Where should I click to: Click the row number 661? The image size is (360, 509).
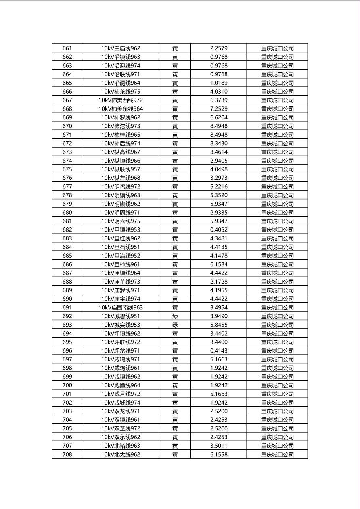click(67, 48)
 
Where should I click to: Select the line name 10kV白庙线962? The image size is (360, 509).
click(121, 48)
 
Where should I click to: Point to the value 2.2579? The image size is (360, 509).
click(219, 48)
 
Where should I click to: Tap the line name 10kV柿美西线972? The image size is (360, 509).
click(121, 100)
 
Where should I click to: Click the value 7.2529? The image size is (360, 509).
click(219, 109)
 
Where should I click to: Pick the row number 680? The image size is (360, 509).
click(67, 213)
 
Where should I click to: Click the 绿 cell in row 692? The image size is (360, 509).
click(175, 316)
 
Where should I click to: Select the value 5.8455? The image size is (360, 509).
click(219, 325)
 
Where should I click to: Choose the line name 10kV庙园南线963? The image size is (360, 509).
click(121, 308)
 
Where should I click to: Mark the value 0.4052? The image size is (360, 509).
click(219, 230)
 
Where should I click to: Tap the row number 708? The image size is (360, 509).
click(67, 455)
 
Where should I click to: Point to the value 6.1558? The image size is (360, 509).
click(219, 455)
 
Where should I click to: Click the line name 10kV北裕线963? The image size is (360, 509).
click(121, 446)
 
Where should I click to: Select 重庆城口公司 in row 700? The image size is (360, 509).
click(277, 385)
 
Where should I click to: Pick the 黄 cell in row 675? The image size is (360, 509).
click(175, 169)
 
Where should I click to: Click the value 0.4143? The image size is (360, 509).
click(219, 351)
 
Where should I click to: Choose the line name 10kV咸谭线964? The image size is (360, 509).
click(121, 385)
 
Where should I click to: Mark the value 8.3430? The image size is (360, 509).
click(219, 143)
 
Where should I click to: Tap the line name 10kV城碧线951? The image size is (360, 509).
click(121, 316)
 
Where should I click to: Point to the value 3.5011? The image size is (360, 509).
click(219, 446)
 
